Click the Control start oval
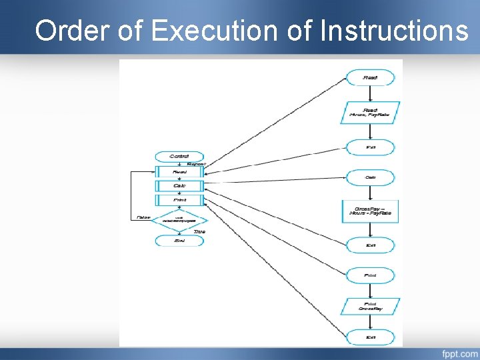[x=179, y=156]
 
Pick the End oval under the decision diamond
[x=179, y=241]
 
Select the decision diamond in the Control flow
[x=179, y=219]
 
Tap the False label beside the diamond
[x=143, y=217]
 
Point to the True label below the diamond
[x=199, y=231]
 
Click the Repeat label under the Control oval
[x=196, y=163]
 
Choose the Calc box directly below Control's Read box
[x=179, y=185]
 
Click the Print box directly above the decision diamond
[x=179, y=200]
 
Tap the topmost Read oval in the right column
[x=370, y=78]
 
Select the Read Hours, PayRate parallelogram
[x=370, y=112]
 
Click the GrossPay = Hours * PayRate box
[x=370, y=212]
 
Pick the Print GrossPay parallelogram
[x=370, y=306]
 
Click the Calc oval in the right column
[x=370, y=177]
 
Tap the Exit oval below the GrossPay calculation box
[x=370, y=245]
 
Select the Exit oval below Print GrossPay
[x=370, y=337]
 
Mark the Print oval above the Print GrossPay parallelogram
[x=370, y=275]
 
